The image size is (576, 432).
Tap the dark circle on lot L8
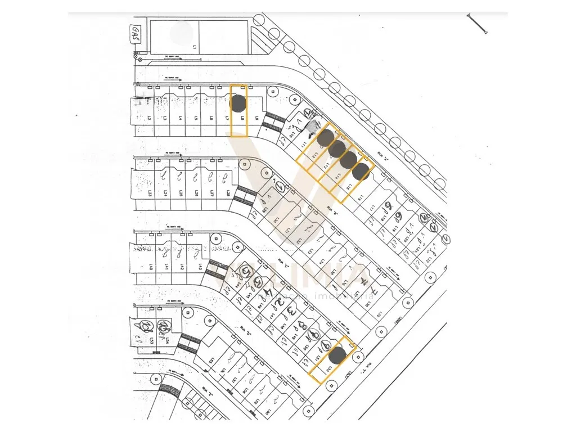(238, 103)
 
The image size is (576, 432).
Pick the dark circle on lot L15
(362, 171)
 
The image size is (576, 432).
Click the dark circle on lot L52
(337, 355)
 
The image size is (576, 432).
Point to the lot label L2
(150, 119)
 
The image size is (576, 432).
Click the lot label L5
(195, 119)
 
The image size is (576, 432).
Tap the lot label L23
(151, 193)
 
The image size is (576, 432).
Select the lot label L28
(228, 193)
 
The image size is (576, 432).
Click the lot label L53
(150, 341)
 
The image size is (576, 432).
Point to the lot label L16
(361, 197)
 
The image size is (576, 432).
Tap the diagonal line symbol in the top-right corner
(476, 24)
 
